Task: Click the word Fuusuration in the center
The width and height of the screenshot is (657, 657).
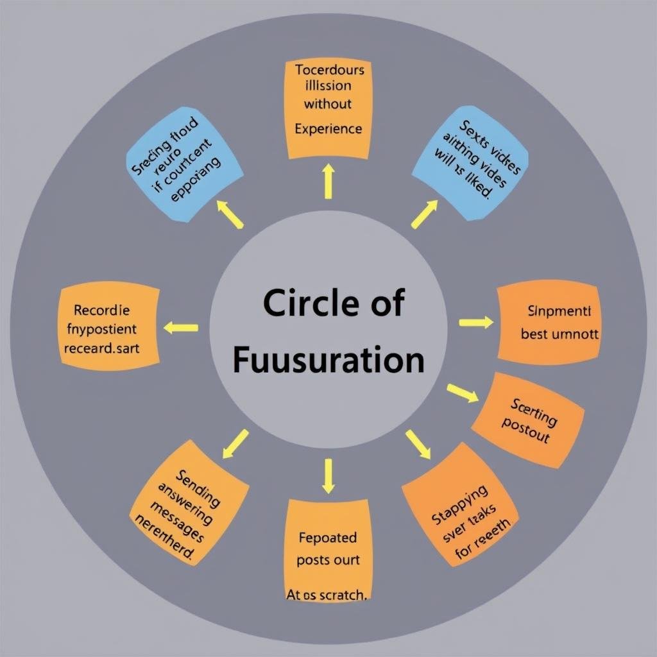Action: click(x=328, y=361)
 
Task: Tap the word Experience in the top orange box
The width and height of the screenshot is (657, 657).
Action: click(x=328, y=129)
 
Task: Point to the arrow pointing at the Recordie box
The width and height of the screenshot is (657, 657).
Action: click(x=181, y=328)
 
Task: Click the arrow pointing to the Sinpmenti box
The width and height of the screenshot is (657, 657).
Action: click(x=476, y=322)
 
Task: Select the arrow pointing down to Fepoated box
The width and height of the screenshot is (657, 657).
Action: click(x=328, y=475)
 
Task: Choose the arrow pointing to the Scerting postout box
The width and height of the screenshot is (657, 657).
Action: click(x=463, y=393)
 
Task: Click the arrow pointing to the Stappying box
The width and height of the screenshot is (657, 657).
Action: click(x=418, y=444)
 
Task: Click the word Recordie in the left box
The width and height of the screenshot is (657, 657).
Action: click(x=102, y=311)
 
